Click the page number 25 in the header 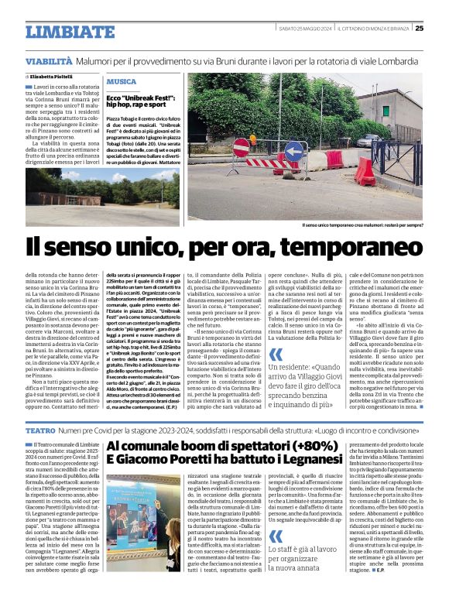click(x=440, y=29)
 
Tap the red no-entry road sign click(x=242, y=146)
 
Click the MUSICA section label click(x=122, y=81)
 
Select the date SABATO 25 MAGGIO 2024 click(x=305, y=29)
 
